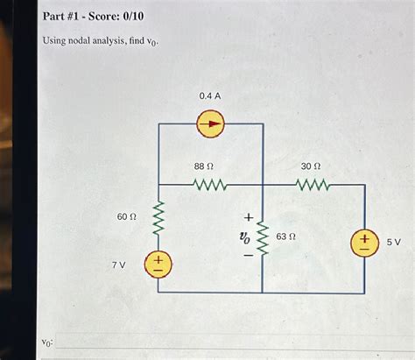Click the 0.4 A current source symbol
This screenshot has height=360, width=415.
(x=210, y=124)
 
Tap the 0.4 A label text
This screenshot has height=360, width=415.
(x=210, y=95)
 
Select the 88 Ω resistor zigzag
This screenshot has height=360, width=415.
(x=210, y=185)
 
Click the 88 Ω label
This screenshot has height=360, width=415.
(x=205, y=166)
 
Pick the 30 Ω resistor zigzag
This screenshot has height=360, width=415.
(x=313, y=185)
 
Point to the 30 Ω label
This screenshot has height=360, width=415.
(x=311, y=166)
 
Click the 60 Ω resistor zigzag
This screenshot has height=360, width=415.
(x=158, y=216)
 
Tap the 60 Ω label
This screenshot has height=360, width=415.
(x=127, y=215)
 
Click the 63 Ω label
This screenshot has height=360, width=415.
(x=286, y=236)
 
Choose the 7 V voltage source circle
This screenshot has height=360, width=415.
(x=158, y=262)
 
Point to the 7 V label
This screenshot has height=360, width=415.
(x=119, y=263)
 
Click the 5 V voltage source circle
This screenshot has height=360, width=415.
(x=364, y=241)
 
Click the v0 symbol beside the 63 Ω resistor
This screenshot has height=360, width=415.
(x=245, y=236)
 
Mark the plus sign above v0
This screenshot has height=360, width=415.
(x=247, y=215)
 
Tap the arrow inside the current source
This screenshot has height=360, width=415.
(x=210, y=124)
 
